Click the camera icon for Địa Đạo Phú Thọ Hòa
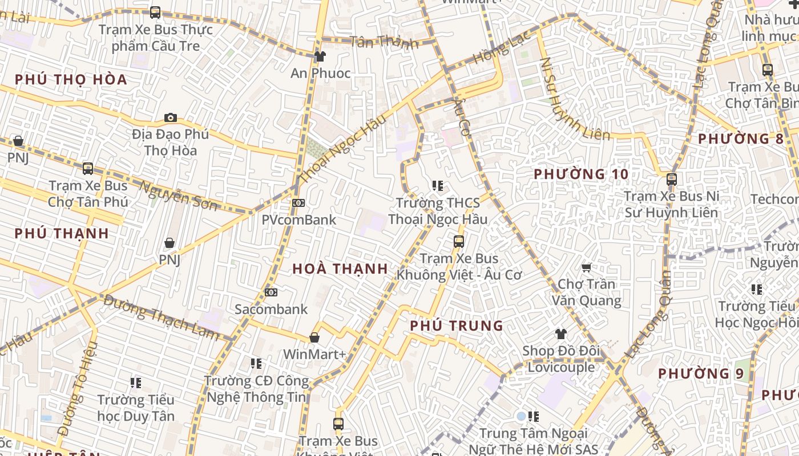click(x=170, y=118)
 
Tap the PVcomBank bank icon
click(x=298, y=203)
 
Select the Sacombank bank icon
click(x=271, y=292)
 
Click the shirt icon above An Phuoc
click(x=320, y=56)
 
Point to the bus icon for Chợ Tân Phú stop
click(x=87, y=169)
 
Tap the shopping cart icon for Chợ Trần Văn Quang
click(x=586, y=267)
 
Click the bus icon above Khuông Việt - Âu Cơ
click(x=459, y=242)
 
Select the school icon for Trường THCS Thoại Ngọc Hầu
click(x=438, y=186)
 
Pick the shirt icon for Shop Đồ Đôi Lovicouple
click(x=561, y=334)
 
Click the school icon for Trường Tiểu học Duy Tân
click(x=135, y=383)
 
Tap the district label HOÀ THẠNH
click(x=340, y=269)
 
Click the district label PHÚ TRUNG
click(x=457, y=326)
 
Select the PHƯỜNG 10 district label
click(x=580, y=174)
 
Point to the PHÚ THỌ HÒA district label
click(x=71, y=80)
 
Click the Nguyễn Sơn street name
click(x=178, y=195)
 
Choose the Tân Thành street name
click(x=384, y=42)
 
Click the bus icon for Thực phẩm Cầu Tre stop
click(x=155, y=13)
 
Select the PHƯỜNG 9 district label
click(x=701, y=374)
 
